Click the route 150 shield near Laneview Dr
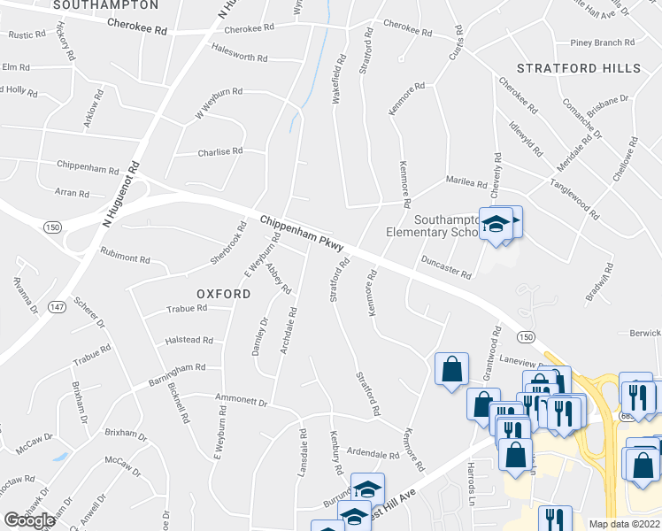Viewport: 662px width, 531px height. pyautogui.click(x=526, y=337)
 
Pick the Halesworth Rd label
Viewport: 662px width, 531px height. pyautogui.click(x=240, y=57)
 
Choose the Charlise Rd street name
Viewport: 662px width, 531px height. pyautogui.click(x=219, y=151)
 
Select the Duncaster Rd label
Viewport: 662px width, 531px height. pyautogui.click(x=447, y=267)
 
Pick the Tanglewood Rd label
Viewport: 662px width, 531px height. pyautogui.click(x=581, y=190)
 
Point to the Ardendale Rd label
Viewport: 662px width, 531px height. pyautogui.click(x=373, y=454)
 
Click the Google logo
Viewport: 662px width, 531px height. pyautogui.click(x=29, y=520)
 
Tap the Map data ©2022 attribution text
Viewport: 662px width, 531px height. pyautogui.click(x=625, y=524)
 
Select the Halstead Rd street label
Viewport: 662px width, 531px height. pyautogui.click(x=189, y=340)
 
